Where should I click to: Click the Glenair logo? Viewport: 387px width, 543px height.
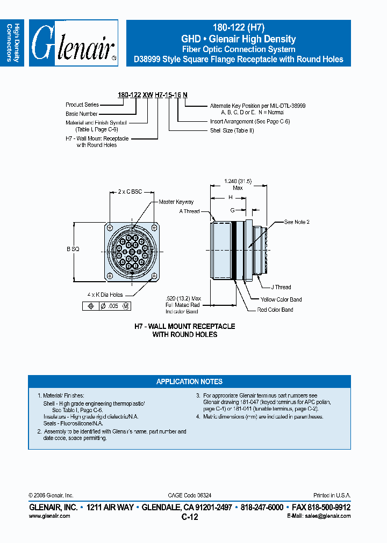coord(73,43)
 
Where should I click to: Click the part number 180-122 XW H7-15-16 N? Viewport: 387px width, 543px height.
coord(153,94)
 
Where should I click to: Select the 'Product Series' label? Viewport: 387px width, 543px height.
coord(82,105)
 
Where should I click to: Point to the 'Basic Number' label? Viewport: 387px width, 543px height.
coord(82,114)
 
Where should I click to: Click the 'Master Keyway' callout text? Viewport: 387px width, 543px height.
coord(176,202)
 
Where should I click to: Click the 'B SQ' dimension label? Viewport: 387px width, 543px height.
coord(73,249)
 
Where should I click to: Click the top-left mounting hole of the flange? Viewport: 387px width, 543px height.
coord(110,226)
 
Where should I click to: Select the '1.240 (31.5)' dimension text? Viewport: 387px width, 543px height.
coord(238,181)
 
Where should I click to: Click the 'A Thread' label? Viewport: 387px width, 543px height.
coord(189,211)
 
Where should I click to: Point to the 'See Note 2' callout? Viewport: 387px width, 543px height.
coord(297,222)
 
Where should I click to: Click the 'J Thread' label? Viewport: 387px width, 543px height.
coord(281,287)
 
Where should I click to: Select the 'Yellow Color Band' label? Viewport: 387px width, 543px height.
coord(281,299)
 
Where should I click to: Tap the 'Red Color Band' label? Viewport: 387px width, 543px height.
coord(275,310)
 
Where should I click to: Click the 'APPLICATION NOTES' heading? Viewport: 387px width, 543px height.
coord(189,381)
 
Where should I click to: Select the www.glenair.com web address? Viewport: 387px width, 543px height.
coord(49,516)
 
